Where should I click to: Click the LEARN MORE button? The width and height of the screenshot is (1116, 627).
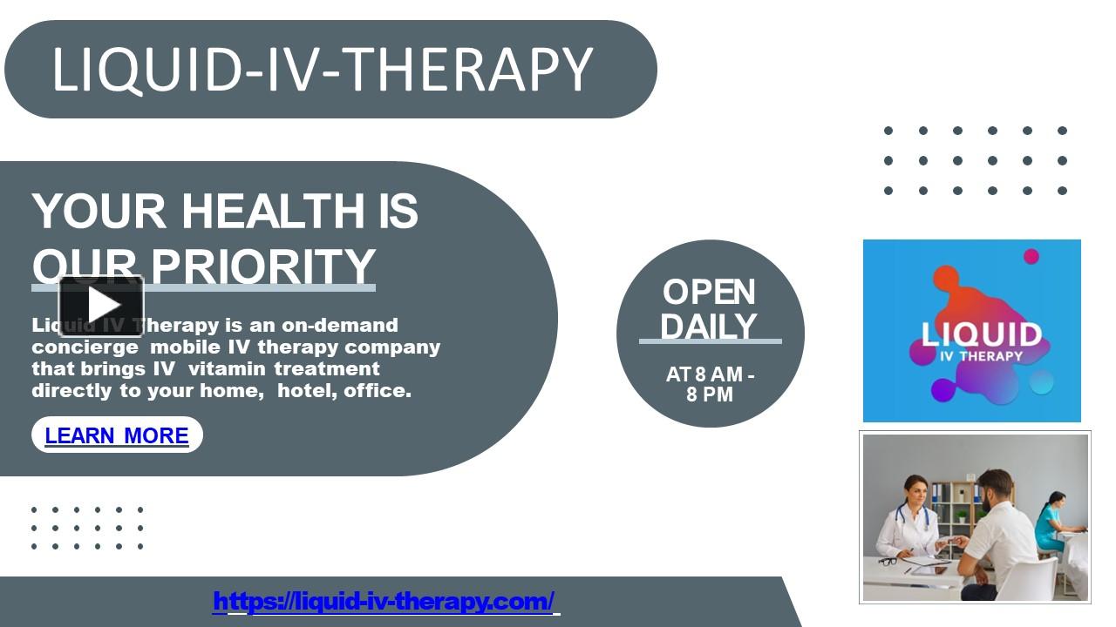click(117, 435)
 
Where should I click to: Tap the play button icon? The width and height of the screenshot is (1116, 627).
click(101, 305)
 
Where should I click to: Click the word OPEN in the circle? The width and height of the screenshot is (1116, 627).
click(709, 292)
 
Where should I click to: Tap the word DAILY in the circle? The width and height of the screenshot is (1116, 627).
click(709, 327)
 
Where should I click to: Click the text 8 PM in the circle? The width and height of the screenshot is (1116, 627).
click(710, 394)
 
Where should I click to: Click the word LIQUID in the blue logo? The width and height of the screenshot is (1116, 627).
click(982, 334)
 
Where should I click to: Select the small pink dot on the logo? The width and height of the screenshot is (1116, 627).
click(1031, 256)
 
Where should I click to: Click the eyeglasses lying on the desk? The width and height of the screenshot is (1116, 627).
click(888, 561)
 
